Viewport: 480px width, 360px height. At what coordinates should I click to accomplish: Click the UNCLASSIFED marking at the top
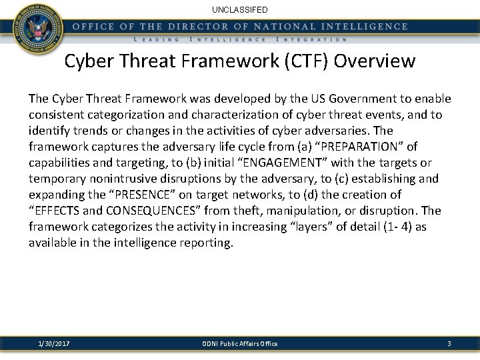239,10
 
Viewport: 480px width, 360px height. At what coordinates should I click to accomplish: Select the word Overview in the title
375,61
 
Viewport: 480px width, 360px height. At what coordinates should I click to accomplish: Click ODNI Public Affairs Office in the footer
239,343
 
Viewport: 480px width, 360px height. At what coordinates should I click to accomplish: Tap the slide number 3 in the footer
449,343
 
